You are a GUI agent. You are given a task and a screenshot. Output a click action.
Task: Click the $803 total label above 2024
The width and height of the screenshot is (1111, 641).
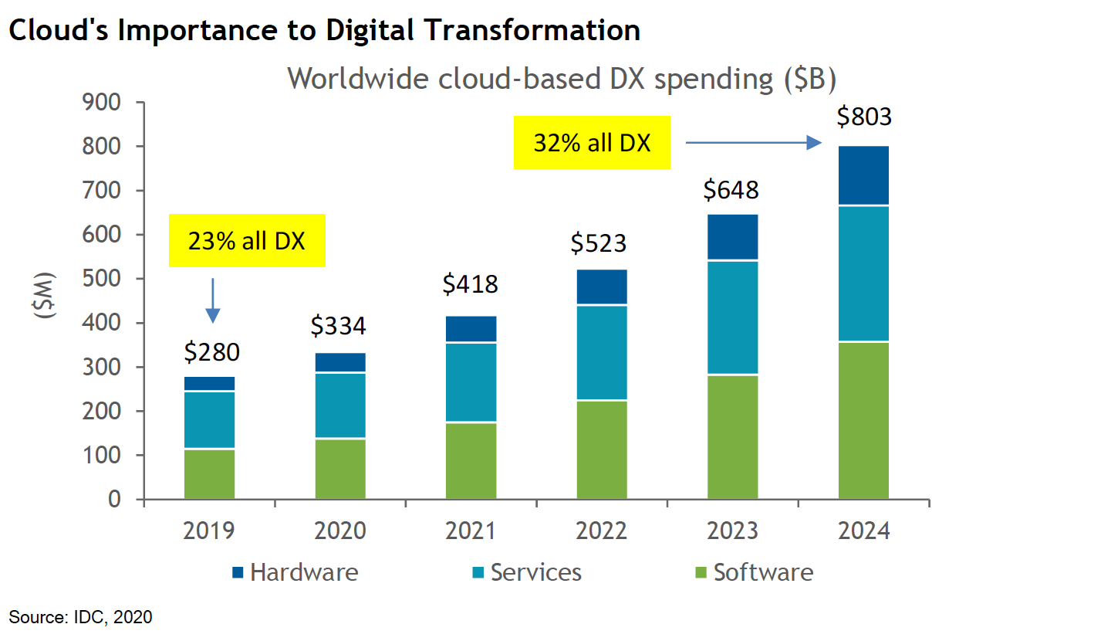[x=863, y=117]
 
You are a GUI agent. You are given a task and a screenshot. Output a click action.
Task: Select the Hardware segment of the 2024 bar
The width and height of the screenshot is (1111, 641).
[x=863, y=175]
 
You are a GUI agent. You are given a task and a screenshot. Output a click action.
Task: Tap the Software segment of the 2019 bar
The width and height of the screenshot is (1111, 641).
[x=210, y=474]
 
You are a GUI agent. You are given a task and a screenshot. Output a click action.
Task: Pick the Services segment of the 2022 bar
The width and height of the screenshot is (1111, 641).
[x=602, y=353]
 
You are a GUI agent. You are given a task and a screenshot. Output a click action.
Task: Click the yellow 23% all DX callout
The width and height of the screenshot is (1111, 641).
[x=247, y=241]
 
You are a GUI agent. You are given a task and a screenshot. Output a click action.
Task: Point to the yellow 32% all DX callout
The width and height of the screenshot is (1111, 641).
[x=591, y=144]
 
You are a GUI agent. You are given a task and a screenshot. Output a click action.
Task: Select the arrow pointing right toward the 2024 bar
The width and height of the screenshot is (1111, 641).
[x=752, y=142]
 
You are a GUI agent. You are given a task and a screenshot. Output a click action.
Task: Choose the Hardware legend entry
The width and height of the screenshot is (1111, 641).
[x=295, y=572]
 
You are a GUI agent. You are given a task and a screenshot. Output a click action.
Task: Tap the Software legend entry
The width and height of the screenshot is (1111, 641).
[x=753, y=572]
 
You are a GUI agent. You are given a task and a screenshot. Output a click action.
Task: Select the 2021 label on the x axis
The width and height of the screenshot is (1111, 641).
[x=471, y=532]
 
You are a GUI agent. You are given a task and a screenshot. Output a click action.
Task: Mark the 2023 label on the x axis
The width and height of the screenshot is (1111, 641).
[x=732, y=532]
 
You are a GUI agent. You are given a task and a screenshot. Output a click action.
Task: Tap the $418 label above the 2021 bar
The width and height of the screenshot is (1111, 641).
[x=471, y=285]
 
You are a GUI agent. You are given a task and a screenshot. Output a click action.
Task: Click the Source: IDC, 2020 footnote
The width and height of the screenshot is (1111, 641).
[x=81, y=617]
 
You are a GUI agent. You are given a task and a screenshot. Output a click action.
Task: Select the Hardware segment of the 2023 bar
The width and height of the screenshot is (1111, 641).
[x=732, y=237]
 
